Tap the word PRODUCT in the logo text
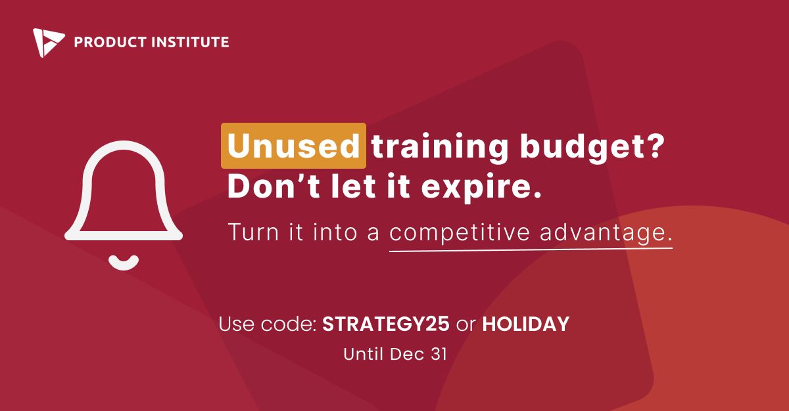coord(110,42)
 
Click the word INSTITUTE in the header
coord(190,42)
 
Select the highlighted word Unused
coord(293,146)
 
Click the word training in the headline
coord(441,148)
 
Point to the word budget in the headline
coord(580,148)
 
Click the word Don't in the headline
coord(274,186)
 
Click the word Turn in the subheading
coord(254,232)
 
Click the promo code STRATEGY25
coord(386,324)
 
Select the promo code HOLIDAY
coord(526,324)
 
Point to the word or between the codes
coord(466,325)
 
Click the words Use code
coord(268,324)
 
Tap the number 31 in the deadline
coord(439,354)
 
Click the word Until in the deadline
coord(363,354)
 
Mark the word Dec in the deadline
coord(407,354)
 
